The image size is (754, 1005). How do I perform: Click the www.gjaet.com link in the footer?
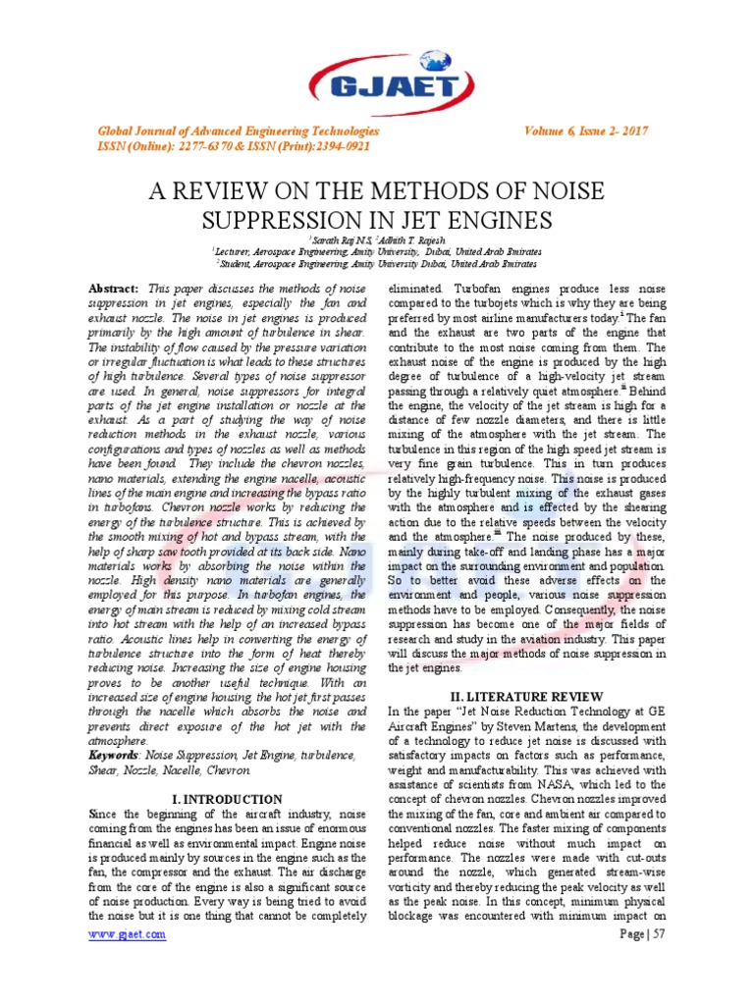pos(127,934)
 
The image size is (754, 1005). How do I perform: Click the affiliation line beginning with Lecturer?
pos(376,252)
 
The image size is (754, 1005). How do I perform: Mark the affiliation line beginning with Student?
pos(376,264)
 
